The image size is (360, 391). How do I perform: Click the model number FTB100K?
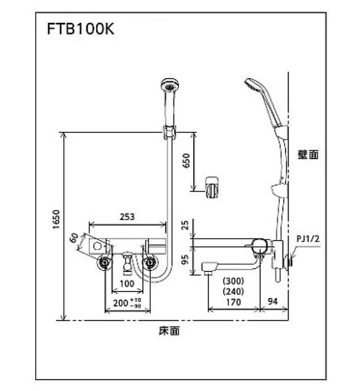(80, 30)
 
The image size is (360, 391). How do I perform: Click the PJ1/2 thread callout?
(308, 239)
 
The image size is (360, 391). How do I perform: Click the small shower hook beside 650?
(210, 186)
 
